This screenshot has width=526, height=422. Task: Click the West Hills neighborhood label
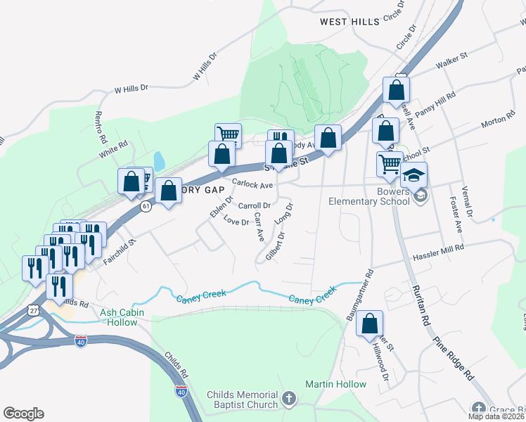click(349, 22)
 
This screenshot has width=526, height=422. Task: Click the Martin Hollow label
click(335, 384)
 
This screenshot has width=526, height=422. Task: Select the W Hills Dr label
click(132, 89)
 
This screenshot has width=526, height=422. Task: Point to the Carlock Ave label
click(252, 184)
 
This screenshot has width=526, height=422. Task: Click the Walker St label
click(452, 63)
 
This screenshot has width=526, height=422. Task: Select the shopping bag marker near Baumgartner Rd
click(369, 324)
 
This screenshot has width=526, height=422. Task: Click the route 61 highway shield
click(146, 207)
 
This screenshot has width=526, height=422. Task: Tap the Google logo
click(23, 414)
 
